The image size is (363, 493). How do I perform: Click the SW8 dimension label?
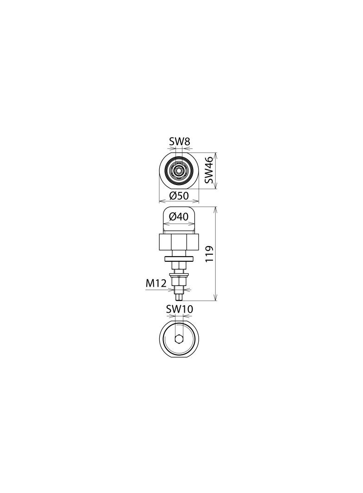[179, 142]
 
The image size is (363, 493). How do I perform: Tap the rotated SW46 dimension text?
[209, 170]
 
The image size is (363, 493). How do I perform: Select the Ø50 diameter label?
[179, 196]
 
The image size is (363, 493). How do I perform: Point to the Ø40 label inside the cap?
[179, 216]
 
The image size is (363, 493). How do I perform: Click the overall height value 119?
[209, 254]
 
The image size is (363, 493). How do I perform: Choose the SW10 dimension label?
[179, 308]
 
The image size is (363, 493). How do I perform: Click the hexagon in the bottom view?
[179, 339]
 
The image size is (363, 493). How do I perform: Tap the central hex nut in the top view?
[179, 170]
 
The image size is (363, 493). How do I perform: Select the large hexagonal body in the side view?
[179, 241]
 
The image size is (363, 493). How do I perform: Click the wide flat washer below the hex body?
[179, 258]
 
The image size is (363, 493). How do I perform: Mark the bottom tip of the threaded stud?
[179, 299]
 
